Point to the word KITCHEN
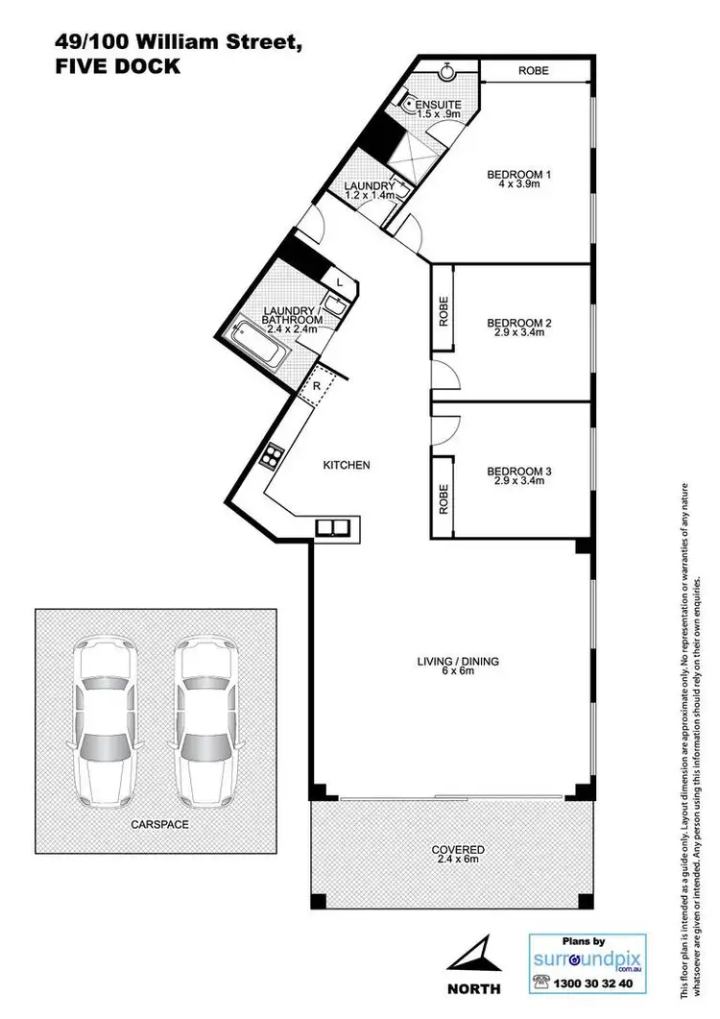[346, 465]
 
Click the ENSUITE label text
[438, 105]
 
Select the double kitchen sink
[335, 527]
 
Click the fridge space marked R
[316, 386]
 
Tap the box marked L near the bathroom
[340, 281]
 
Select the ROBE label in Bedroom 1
[533, 70]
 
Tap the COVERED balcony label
[458, 850]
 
